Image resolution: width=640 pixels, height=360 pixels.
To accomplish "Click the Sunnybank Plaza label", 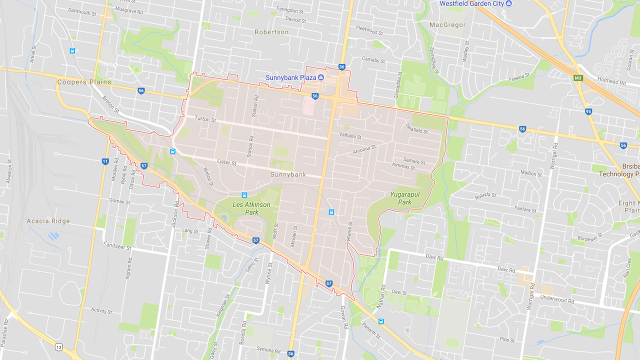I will click(290, 77).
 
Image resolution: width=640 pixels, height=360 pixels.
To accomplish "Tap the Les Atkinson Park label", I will click(251, 208).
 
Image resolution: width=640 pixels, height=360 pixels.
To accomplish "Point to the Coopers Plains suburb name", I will click(84, 82).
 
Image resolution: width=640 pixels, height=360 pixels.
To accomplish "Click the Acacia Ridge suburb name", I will click(49, 221).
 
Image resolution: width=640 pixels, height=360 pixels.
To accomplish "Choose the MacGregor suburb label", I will click(447, 24).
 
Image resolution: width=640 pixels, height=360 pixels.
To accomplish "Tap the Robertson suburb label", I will click(271, 32).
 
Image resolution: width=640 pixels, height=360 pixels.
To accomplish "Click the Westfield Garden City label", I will click(471, 3).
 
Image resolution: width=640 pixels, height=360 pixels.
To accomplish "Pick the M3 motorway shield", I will click(578, 78).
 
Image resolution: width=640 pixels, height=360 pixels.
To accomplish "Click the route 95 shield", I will click(588, 111).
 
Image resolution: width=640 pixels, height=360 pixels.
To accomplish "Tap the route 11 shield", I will click(105, 161).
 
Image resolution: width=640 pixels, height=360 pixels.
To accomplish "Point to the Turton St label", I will click(205, 120).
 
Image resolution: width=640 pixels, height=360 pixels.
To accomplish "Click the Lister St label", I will click(226, 162).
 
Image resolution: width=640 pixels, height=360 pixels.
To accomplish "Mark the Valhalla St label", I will click(350, 135).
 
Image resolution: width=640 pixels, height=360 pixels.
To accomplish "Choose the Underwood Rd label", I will click(557, 299).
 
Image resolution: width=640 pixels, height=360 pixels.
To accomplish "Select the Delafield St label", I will click(416, 128).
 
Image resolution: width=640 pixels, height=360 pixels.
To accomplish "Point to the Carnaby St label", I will click(373, 60).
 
